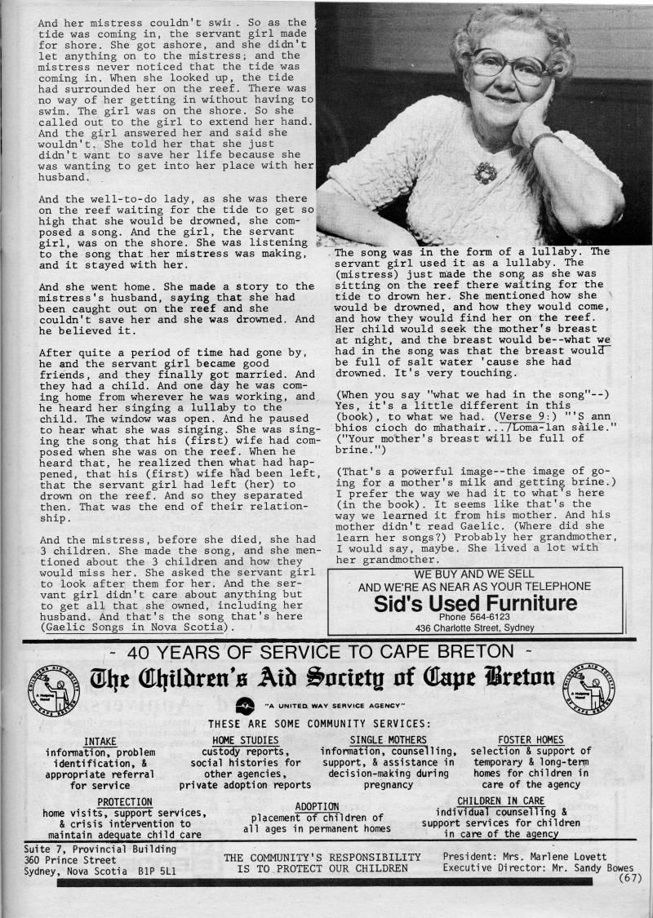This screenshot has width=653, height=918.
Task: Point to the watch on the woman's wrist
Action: coord(544,139)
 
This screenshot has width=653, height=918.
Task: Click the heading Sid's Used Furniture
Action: coord(474,604)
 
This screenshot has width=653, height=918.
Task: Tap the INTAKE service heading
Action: coord(100,740)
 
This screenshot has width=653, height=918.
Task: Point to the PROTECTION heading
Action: coord(124,802)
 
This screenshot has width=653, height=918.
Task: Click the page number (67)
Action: coord(631,878)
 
